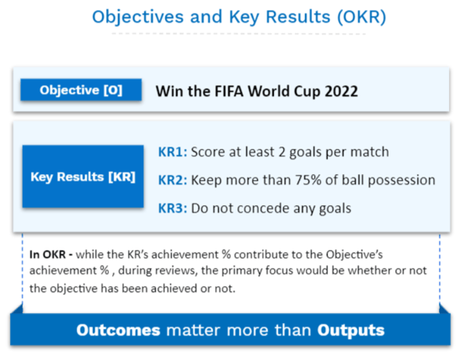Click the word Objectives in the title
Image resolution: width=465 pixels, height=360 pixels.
coord(138,18)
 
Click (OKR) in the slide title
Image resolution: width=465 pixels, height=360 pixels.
coord(361,17)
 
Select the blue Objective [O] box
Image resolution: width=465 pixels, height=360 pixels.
coord(81,90)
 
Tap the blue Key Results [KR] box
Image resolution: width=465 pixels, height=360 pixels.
coord(83,177)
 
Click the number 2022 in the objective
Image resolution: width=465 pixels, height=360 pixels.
coord(341,91)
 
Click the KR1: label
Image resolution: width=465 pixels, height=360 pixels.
coord(173,152)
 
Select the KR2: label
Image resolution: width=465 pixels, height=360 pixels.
coord(173,180)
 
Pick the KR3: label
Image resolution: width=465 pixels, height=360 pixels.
coord(173,208)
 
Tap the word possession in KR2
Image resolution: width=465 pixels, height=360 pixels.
coord(401,181)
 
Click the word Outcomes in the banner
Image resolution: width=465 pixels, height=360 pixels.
coord(118,330)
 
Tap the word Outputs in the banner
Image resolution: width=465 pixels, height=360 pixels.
coord(351,331)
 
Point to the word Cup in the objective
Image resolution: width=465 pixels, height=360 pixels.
coord(307,91)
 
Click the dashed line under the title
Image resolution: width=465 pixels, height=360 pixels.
coord(239,33)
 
